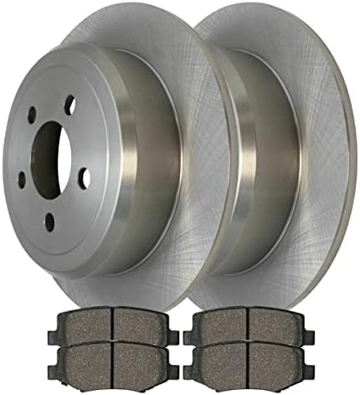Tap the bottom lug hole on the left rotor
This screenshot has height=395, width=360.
tap(50, 220)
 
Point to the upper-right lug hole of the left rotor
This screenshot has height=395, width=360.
tap(69, 105)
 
